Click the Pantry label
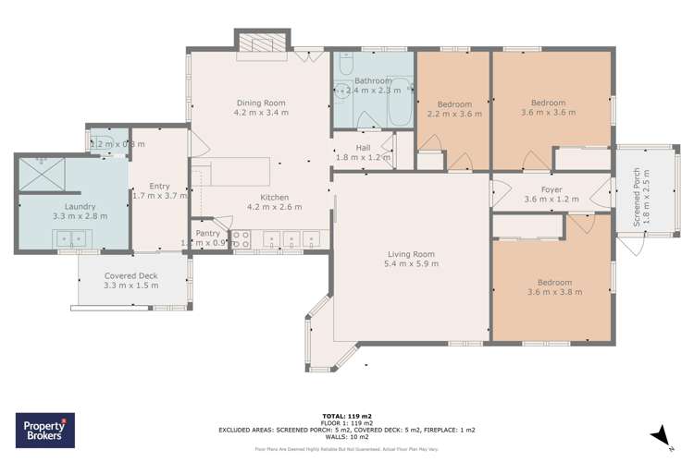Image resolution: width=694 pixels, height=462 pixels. click(207, 234)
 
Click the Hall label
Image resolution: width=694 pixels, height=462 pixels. click(363, 148)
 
